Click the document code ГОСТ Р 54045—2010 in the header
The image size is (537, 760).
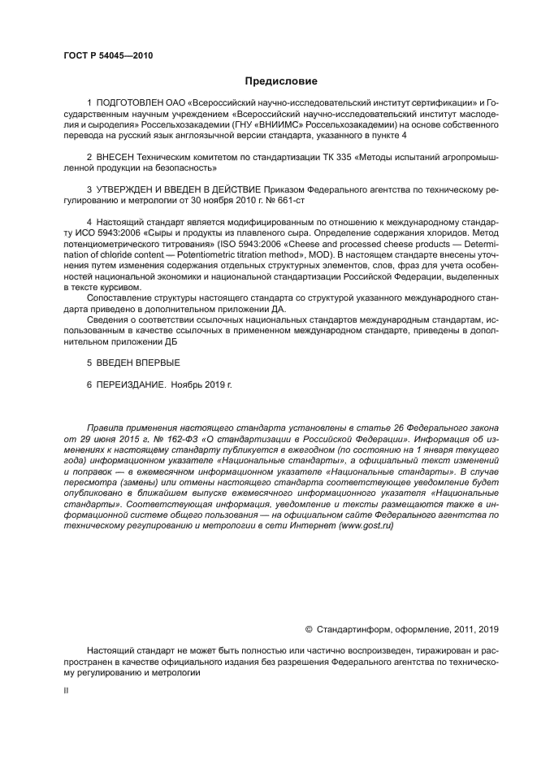[x=107, y=56]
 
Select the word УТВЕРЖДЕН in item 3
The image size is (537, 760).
[x=133, y=189]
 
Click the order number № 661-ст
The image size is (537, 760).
[x=289, y=200]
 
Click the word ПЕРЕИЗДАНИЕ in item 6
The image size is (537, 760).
[x=132, y=383]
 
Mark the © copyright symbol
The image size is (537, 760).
[x=309, y=628]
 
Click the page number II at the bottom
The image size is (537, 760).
[x=67, y=689]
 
